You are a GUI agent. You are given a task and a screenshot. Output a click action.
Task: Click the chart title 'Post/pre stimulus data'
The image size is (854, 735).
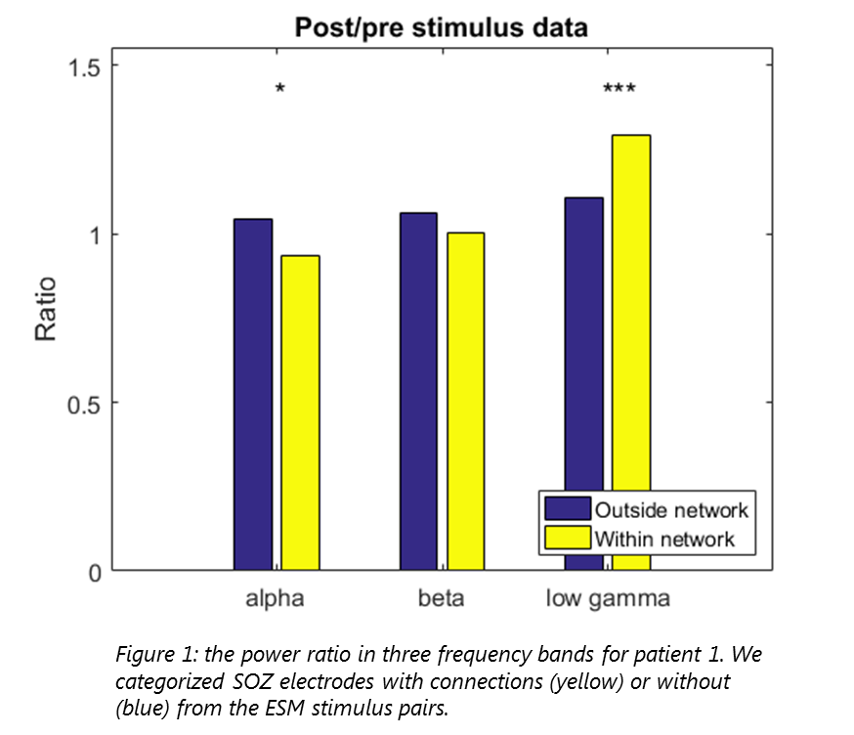point(442,26)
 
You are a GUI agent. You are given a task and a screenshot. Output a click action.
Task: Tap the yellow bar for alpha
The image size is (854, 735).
point(300,411)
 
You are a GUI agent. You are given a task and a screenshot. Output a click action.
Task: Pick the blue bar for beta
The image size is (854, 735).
point(418,390)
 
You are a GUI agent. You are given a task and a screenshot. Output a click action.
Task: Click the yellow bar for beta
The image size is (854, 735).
point(466,400)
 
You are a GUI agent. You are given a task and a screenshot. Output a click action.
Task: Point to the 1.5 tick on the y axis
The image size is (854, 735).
point(83,65)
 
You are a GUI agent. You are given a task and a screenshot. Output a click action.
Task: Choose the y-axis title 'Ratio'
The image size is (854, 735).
point(46,310)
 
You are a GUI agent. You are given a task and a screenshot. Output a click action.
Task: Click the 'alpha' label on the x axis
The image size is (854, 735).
point(275,598)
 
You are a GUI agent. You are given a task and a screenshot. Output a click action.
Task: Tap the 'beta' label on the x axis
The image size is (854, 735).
point(441,598)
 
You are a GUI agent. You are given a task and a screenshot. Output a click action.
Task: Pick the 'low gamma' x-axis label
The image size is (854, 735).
point(607,598)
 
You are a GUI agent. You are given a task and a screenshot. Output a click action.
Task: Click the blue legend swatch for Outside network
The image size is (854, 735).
point(568,509)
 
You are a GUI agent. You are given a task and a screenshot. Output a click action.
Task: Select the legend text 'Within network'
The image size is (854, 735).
point(664,539)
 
